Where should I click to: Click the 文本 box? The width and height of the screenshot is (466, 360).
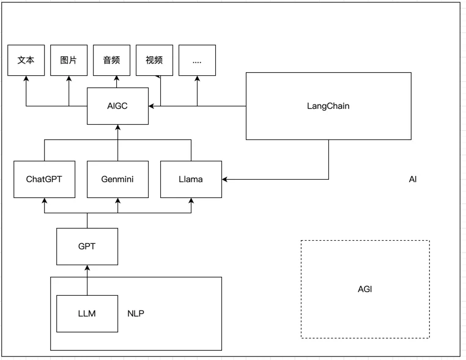(26, 60)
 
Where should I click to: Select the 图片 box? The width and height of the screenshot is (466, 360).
(68, 60)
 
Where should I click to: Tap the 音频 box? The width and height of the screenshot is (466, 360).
(111, 60)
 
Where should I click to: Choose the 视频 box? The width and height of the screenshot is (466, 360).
(154, 60)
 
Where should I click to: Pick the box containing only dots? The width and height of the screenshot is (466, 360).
(197, 60)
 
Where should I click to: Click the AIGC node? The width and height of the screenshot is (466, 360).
(117, 106)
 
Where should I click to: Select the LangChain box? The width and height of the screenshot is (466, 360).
(328, 106)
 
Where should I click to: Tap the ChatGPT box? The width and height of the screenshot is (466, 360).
(44, 180)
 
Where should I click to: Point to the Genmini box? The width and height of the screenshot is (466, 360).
(117, 180)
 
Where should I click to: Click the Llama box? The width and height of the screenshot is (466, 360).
(191, 180)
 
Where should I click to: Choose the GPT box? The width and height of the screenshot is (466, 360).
(87, 247)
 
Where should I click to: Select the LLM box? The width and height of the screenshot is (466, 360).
(87, 314)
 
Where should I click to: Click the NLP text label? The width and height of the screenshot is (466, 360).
(136, 314)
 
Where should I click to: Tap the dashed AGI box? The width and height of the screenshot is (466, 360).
(365, 289)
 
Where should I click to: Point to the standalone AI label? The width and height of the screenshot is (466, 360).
(413, 180)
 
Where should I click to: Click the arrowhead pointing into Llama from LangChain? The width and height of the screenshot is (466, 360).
(225, 180)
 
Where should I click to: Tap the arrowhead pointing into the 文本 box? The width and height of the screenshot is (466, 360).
(26, 79)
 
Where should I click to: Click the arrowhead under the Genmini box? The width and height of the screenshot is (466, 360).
(117, 201)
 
